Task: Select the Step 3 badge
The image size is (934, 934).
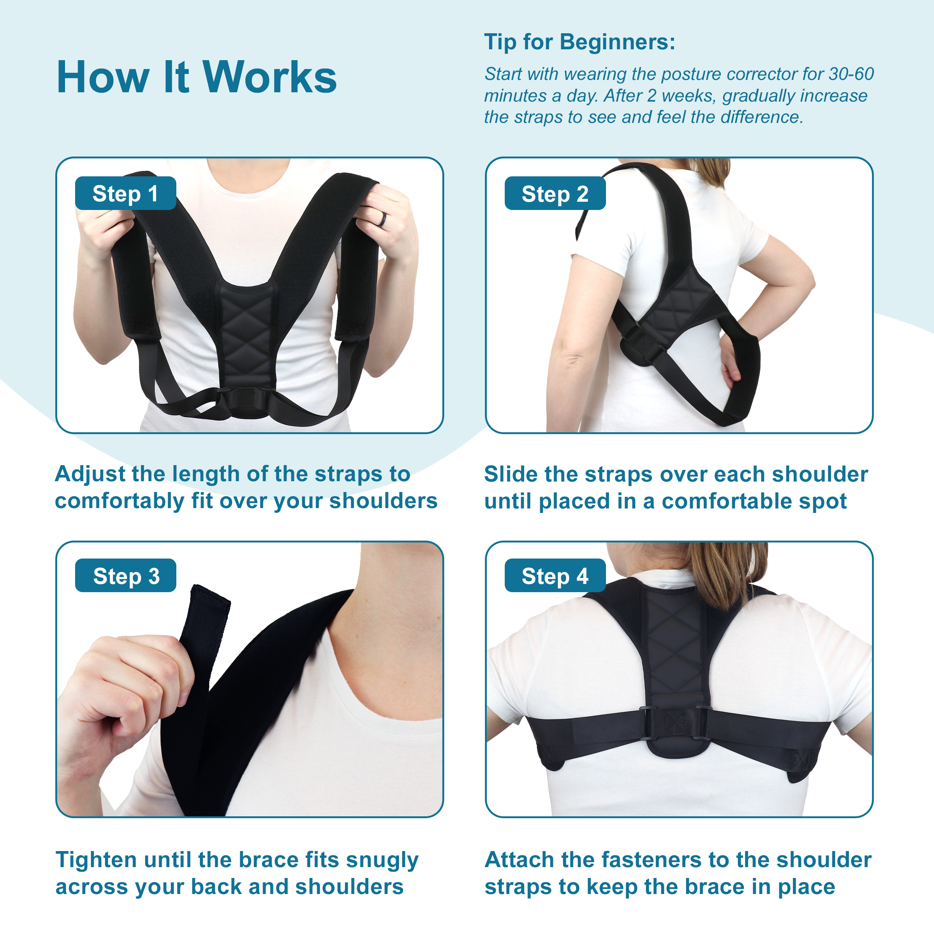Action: point(125,575)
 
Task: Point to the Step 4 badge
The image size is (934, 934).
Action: point(555,575)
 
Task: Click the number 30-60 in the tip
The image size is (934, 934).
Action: point(851,74)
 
